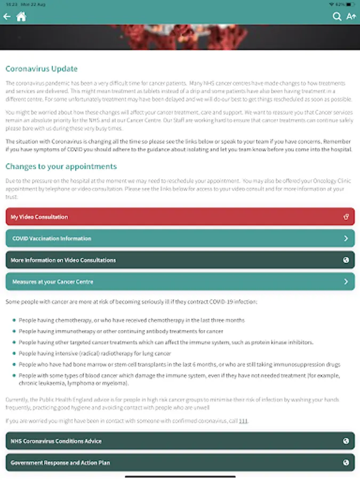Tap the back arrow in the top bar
7,17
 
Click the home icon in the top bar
21,17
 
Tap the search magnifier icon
337,17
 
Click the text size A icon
351,17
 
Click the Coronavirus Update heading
42,69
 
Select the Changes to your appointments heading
61,166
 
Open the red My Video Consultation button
180,217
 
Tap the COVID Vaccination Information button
180,238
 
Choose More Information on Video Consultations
180,260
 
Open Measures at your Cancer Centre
180,282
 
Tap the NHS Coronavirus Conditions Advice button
180,441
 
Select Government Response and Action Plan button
180,462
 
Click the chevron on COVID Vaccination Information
346,238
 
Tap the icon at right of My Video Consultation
346,217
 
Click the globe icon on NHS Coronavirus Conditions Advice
346,441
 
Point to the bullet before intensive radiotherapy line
13,354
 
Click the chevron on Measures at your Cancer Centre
346,282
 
